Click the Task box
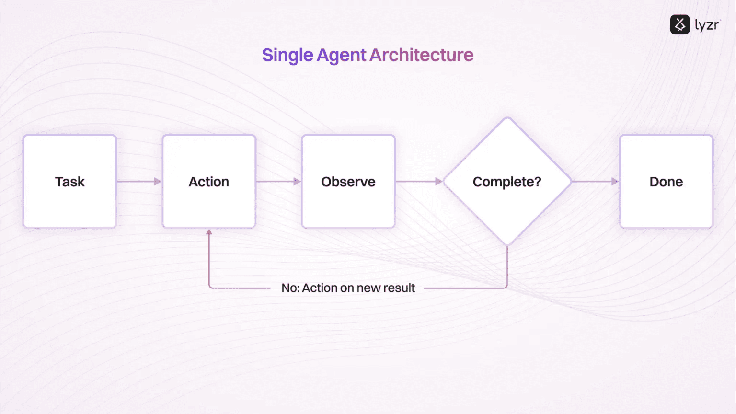(x=70, y=181)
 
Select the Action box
(x=209, y=181)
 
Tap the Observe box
(x=348, y=181)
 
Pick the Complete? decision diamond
(x=507, y=181)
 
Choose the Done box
(x=666, y=181)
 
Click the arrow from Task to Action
(x=139, y=182)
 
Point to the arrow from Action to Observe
(x=278, y=182)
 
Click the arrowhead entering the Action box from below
(x=209, y=232)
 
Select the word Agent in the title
(x=341, y=55)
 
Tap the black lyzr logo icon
(x=679, y=24)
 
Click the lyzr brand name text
(x=707, y=25)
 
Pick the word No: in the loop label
(x=290, y=288)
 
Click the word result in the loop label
(x=399, y=288)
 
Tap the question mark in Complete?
(x=538, y=182)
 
